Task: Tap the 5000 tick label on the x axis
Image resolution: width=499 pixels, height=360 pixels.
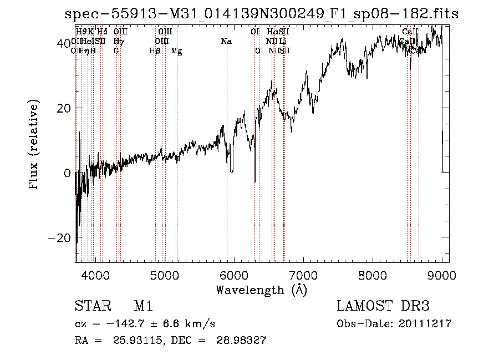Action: (x=165, y=275)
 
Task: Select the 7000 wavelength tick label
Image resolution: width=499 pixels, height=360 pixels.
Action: (x=303, y=275)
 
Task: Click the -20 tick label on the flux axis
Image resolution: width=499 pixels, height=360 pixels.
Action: (x=60, y=237)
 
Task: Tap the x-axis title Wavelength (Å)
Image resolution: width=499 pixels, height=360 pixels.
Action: (x=261, y=290)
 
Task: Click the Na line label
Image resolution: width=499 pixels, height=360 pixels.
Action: (x=226, y=42)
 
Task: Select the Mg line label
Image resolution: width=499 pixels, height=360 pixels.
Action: (x=176, y=51)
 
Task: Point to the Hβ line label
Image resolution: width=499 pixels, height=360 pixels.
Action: (x=155, y=51)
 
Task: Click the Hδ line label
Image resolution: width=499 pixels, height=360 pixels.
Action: (x=102, y=32)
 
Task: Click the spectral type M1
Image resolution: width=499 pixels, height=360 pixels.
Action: (x=143, y=307)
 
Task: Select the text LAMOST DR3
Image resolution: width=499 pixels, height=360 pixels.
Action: (x=383, y=307)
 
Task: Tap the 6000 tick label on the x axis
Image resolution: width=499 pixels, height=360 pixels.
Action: (x=234, y=275)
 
